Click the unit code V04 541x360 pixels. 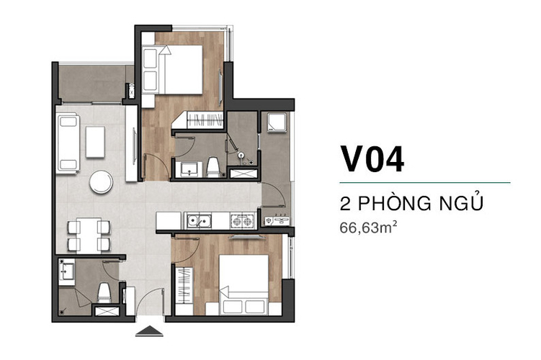[x=372, y=159]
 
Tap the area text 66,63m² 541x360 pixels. [x=368, y=228]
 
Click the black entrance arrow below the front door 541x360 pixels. [x=149, y=331]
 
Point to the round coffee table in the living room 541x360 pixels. [x=101, y=181]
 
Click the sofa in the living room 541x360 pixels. [x=68, y=143]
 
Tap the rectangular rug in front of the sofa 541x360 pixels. [x=95, y=142]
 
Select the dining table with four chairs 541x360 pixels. [x=89, y=235]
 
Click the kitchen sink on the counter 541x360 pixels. [x=199, y=221]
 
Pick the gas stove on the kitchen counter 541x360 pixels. [x=243, y=221]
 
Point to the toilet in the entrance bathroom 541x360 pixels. [x=104, y=292]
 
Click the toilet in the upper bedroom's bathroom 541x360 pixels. [x=213, y=168]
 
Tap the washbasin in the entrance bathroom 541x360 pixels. [x=66, y=271]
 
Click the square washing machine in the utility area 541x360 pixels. [x=277, y=122]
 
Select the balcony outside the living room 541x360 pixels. [x=92, y=83]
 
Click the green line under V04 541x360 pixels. [x=425, y=182]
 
